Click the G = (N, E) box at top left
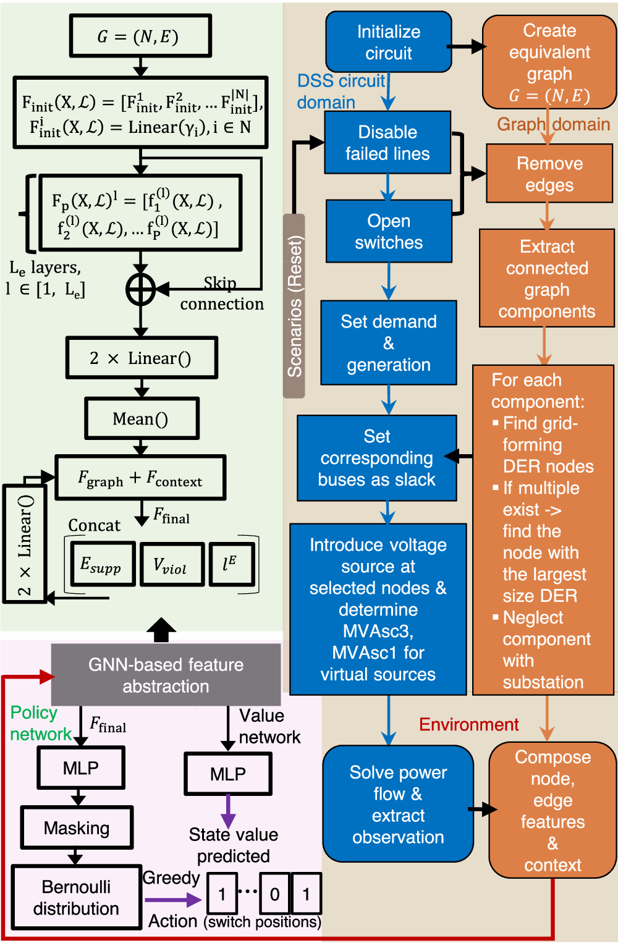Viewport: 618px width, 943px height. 140,36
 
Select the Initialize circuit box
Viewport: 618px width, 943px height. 388,42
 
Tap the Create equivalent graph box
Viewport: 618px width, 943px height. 549,62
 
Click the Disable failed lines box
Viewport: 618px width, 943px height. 387,143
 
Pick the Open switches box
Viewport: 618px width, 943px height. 388,232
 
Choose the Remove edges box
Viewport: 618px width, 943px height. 549,174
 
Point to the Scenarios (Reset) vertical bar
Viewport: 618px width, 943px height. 294,306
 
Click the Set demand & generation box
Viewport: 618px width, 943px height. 388,343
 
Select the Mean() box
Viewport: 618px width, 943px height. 142,419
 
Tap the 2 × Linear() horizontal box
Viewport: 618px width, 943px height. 142,358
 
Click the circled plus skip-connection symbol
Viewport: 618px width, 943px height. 141,289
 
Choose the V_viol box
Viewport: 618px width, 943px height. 171,564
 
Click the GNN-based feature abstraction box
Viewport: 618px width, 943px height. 166,675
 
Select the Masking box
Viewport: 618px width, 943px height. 77,827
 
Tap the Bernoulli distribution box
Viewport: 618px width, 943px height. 76,897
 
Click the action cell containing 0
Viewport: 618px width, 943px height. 274,894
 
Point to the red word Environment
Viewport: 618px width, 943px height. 468,724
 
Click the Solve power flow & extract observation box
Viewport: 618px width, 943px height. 398,804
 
